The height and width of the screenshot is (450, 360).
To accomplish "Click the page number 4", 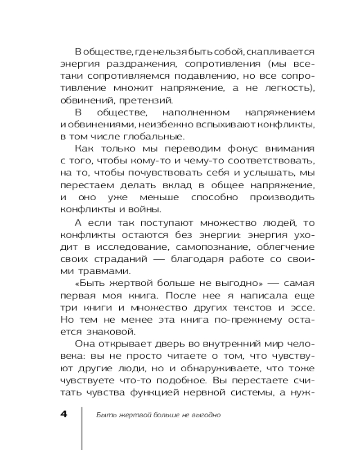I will (x=63, y=414).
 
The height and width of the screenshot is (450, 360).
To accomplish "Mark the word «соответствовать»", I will (x=272, y=160).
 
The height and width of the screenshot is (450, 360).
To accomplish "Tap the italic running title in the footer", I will (x=158, y=414).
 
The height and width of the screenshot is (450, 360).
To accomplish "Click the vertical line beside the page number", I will (x=81, y=427).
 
